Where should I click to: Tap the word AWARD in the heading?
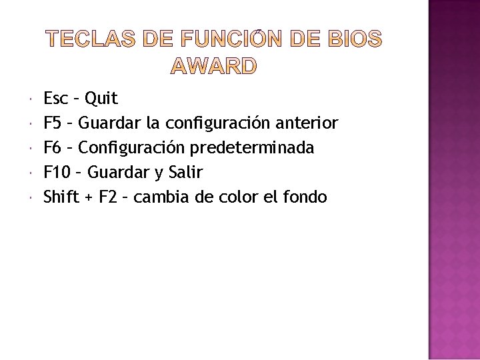pos(213,66)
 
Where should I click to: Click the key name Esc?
pos(55,99)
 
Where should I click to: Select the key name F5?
pos(53,123)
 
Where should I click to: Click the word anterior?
pos(308,123)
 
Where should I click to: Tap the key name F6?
pos(53,147)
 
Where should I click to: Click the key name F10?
pos(57,172)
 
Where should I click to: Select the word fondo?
pos(307,197)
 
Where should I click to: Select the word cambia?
pos(159,197)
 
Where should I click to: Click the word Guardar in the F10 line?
pos(119,172)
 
